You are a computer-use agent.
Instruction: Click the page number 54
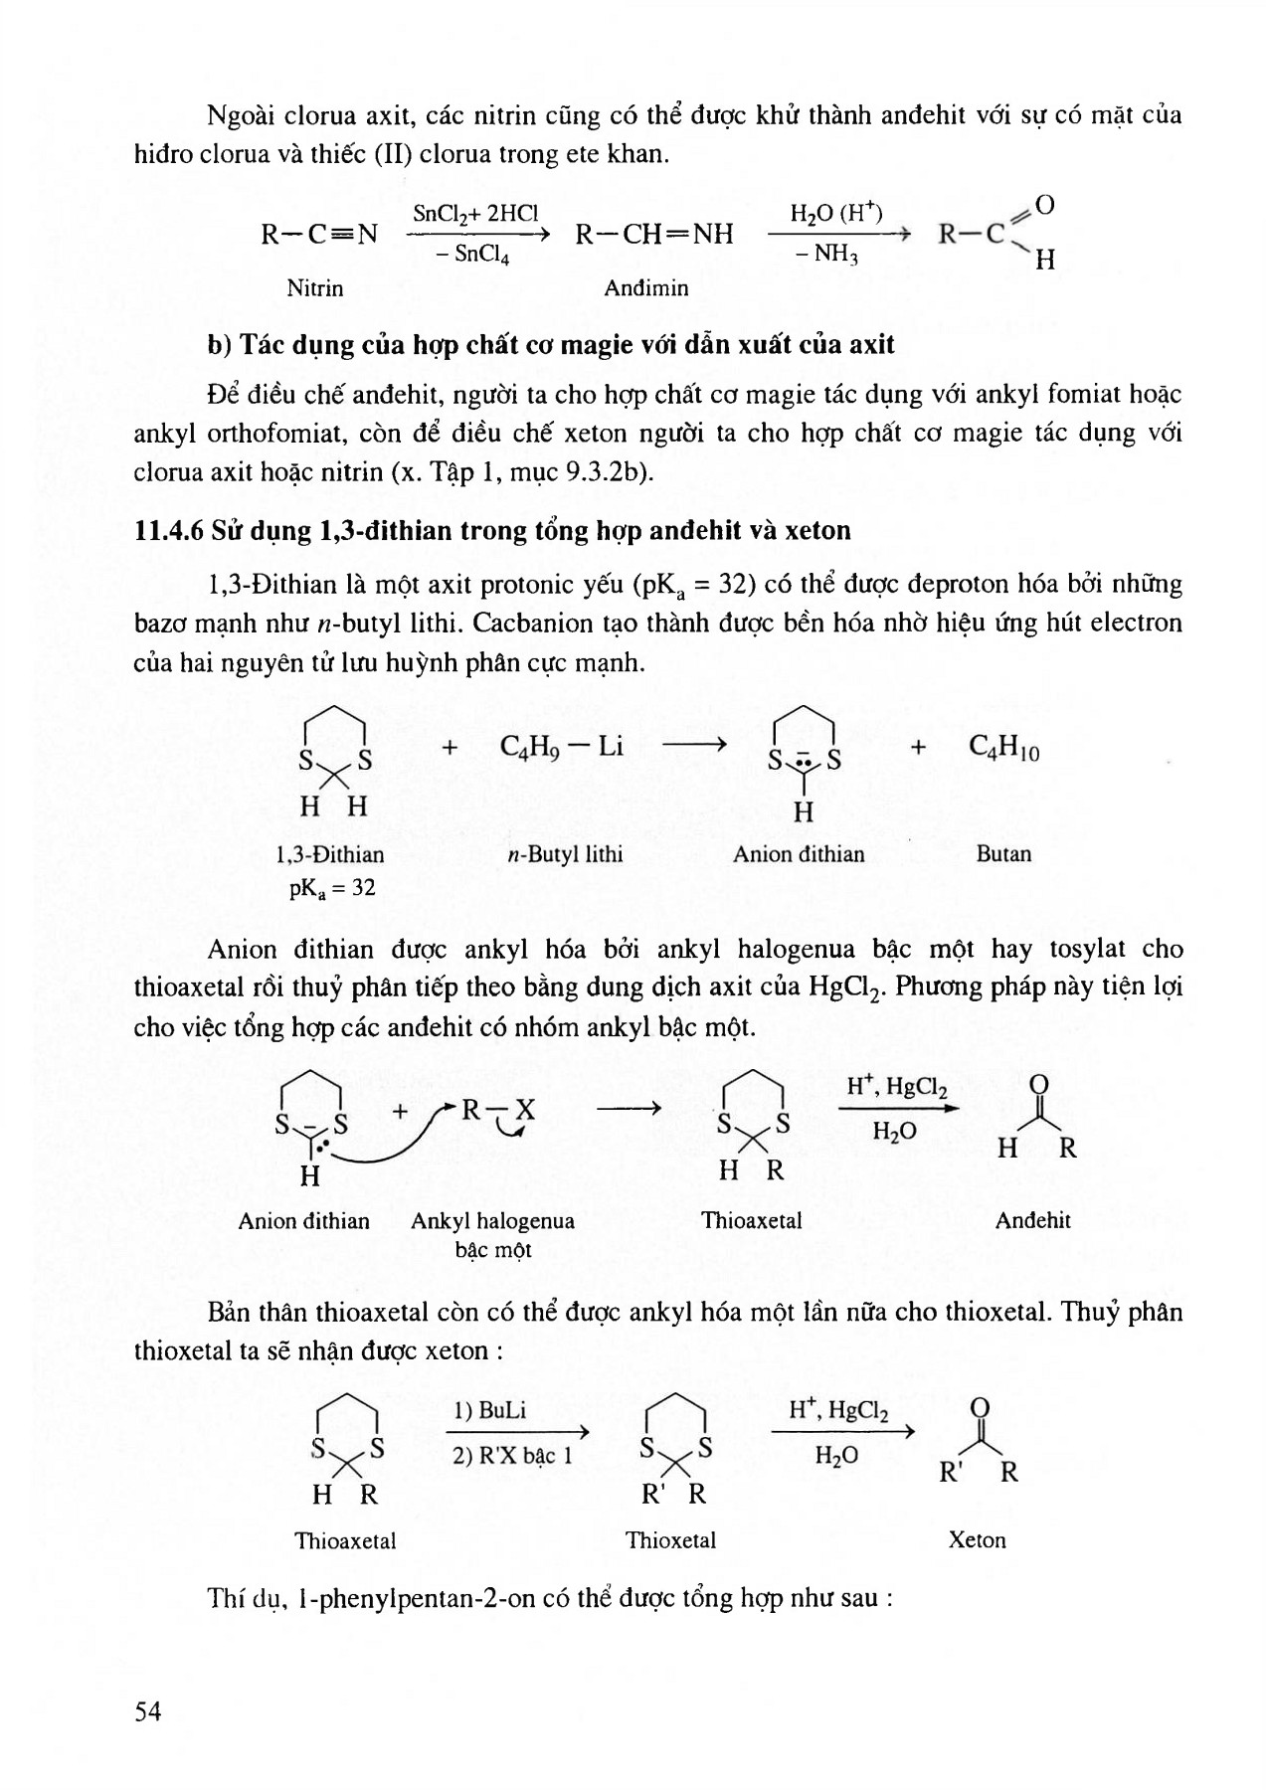147,1711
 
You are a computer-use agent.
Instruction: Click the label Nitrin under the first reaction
314,288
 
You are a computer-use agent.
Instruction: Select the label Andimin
646,288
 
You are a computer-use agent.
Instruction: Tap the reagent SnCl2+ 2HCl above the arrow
475,213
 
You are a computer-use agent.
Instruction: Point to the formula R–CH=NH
654,235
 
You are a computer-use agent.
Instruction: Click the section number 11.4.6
169,530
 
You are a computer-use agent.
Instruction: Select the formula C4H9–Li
562,747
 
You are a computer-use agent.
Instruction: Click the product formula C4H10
1004,747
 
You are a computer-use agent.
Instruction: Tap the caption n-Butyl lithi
565,854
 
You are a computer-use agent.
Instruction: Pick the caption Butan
1003,854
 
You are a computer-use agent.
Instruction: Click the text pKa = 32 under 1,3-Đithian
332,887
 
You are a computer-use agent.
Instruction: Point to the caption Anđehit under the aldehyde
1032,1221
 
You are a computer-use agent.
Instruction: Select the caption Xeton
977,1540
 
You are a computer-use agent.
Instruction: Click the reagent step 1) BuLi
489,1410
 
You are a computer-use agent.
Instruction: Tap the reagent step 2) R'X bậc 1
512,1456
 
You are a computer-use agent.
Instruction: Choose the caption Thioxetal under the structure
670,1540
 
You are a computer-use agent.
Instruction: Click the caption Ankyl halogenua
492,1221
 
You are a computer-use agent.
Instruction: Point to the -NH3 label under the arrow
827,255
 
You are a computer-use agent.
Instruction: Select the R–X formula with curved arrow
497,1110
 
